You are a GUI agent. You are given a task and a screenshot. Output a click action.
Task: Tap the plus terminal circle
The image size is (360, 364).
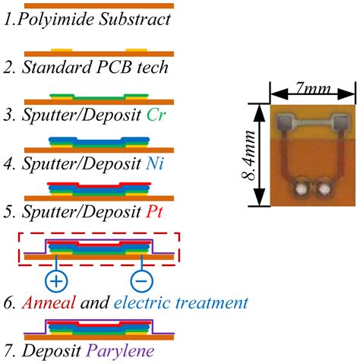[55, 281]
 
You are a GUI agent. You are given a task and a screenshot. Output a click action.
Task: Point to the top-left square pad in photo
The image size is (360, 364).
[285, 121]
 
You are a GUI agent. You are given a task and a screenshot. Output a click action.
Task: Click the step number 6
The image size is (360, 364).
[11, 303]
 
